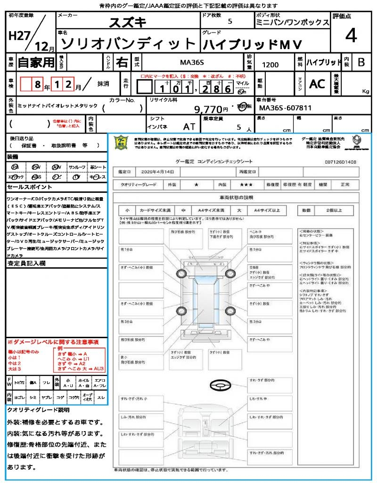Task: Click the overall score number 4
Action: click(x=351, y=36)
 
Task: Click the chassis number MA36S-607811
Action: click(x=286, y=108)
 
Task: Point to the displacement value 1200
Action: click(x=270, y=65)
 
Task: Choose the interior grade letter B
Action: click(x=361, y=62)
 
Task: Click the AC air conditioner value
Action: click(x=317, y=84)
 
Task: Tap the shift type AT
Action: click(x=189, y=127)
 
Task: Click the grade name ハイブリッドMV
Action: click(x=252, y=44)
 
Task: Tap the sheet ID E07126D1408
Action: click(x=340, y=161)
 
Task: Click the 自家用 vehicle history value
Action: click(x=36, y=62)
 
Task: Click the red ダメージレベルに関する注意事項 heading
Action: click(x=53, y=341)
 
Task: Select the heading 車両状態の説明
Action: click(x=236, y=197)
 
